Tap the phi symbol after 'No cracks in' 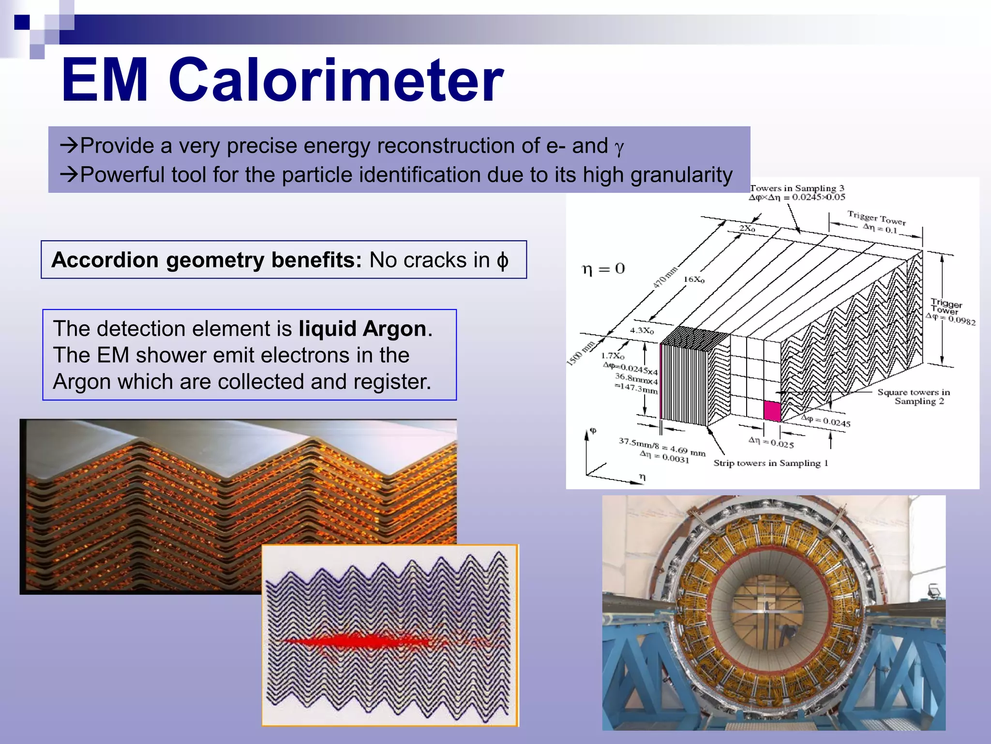(x=502, y=261)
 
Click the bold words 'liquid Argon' (x=362, y=329)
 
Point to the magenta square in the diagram (x=772, y=411)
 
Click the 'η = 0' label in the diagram (x=603, y=269)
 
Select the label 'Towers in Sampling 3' (x=796, y=188)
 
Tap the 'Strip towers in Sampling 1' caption (x=770, y=463)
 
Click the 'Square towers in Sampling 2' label (x=914, y=396)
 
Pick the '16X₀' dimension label (x=694, y=279)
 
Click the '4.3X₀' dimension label (x=642, y=330)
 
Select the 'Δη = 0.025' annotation (x=771, y=442)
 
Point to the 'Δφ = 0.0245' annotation (x=826, y=420)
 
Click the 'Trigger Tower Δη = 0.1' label (x=876, y=221)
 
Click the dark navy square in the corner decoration (x=22, y=22)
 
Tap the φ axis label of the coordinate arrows (x=593, y=431)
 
